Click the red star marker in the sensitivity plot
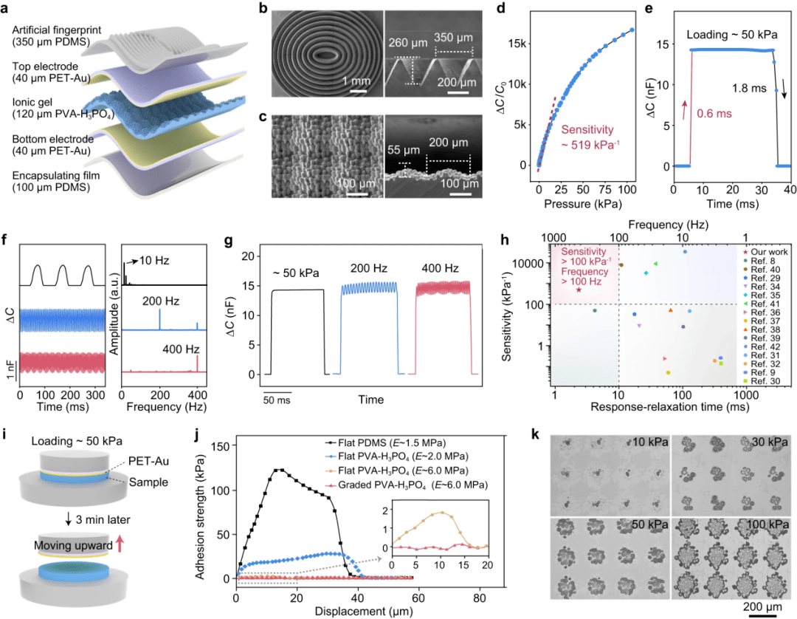tap(579, 290)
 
